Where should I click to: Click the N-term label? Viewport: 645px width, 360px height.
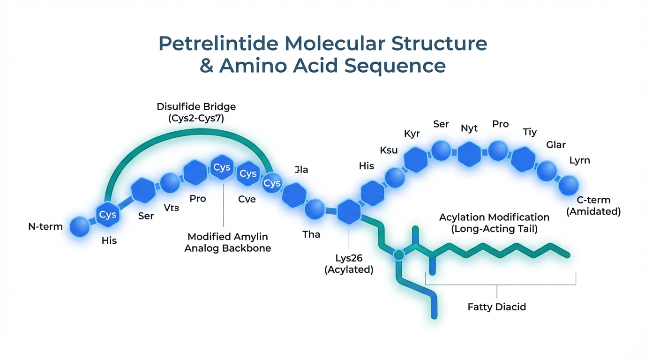[45, 227]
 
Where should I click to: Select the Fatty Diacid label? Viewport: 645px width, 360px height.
[497, 307]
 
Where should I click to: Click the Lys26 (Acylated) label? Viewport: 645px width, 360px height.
[349, 264]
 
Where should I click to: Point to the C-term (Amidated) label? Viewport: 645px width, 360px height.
[593, 206]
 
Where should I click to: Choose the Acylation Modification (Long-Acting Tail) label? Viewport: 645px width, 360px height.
[494, 223]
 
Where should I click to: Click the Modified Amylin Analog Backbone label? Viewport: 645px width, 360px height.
[228, 242]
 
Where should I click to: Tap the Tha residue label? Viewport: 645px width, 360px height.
[311, 234]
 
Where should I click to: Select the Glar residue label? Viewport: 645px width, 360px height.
[556, 145]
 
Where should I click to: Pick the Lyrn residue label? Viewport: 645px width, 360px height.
[579, 160]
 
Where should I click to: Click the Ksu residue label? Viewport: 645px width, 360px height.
[389, 150]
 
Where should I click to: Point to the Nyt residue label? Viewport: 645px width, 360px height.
[469, 128]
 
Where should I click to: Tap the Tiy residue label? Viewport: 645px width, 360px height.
[530, 132]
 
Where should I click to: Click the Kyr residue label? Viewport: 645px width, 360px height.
[412, 134]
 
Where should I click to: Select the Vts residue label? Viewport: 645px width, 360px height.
[171, 208]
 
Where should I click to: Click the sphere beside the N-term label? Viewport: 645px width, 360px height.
[80, 227]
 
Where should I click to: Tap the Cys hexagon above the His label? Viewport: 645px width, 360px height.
[108, 215]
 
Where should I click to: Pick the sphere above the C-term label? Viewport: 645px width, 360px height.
[569, 185]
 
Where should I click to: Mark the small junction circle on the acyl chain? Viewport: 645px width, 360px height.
[398, 255]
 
